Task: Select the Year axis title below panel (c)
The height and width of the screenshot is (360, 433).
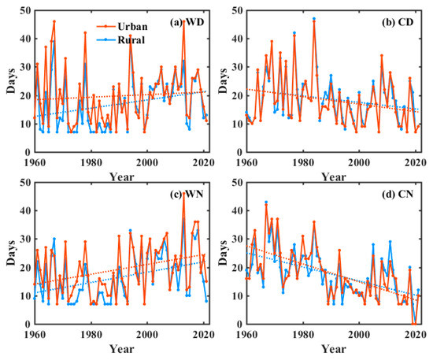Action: pos(117,347)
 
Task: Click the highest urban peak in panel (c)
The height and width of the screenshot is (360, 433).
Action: pos(183,193)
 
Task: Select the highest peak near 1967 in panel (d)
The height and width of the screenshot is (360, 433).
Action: pos(266,202)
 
